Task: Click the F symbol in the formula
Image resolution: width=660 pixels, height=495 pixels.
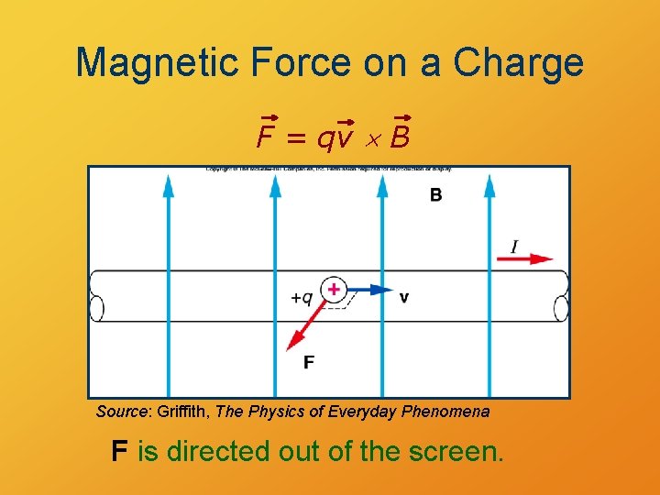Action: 267,138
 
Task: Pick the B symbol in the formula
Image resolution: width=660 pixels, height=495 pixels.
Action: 401,138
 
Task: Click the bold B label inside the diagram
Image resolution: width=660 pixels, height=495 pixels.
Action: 435,195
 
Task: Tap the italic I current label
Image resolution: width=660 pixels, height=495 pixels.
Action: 515,246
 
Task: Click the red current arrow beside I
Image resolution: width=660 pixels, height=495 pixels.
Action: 524,260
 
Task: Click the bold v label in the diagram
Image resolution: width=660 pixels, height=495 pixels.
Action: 404,297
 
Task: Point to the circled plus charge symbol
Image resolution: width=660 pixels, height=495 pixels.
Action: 334,290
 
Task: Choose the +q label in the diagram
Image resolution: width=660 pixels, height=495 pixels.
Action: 302,298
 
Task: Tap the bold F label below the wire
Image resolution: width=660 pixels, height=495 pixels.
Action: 309,362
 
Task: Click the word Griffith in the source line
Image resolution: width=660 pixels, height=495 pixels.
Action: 182,412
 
